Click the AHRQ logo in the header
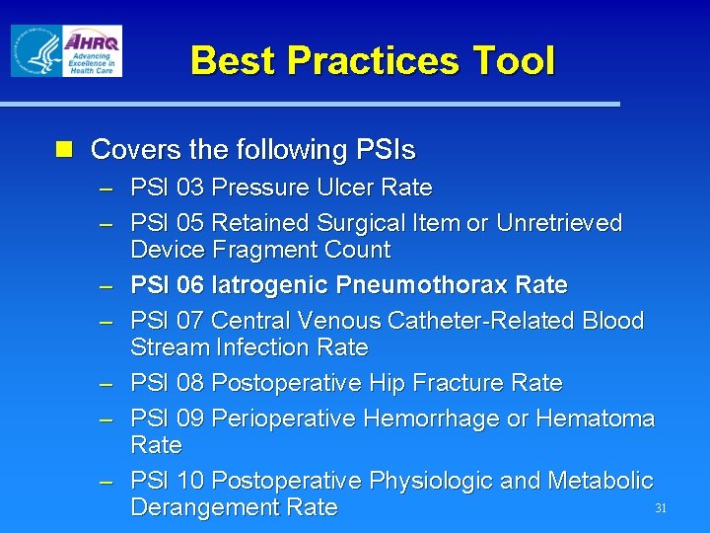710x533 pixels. pyautogui.click(x=91, y=50)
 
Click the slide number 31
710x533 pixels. pyautogui.click(x=662, y=509)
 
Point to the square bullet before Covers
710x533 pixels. pyautogui.click(x=65, y=150)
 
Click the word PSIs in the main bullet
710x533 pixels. pyautogui.click(x=382, y=150)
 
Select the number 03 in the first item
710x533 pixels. pyautogui.click(x=191, y=188)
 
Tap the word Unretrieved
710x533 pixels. pyautogui.click(x=558, y=224)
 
